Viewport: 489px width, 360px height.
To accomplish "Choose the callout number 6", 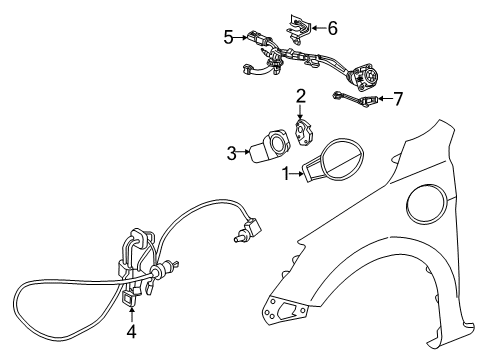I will point(304,30).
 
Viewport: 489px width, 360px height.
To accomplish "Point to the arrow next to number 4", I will point(131,309).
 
